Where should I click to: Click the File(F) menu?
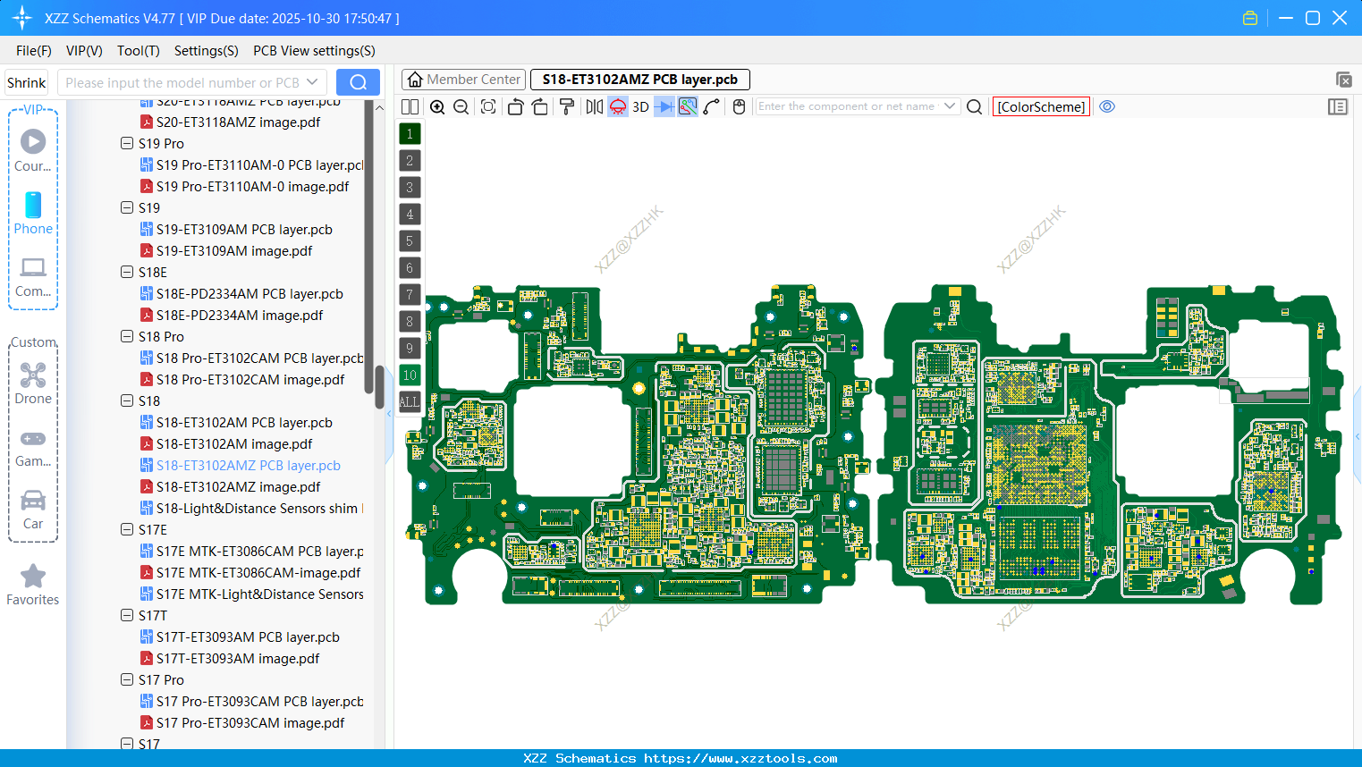tap(33, 51)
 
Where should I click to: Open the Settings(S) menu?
tap(206, 51)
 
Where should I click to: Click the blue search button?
tap(358, 82)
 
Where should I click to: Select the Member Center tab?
tap(464, 80)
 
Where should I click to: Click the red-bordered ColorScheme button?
tap(1041, 106)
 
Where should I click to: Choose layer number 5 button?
tap(410, 240)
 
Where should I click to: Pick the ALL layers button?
tap(410, 401)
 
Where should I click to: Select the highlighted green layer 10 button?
tap(410, 375)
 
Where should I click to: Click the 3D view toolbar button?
tap(640, 106)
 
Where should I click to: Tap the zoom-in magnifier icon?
tap(437, 106)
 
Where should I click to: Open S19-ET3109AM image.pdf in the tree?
tap(233, 251)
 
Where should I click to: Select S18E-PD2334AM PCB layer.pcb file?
tap(250, 294)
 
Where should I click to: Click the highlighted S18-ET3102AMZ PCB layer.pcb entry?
tap(248, 466)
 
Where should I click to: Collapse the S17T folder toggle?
tap(127, 615)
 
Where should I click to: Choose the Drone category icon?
tap(33, 383)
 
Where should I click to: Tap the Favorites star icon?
tap(33, 577)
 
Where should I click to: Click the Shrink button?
tap(26, 82)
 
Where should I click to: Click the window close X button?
tap(1339, 18)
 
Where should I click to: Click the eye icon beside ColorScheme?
tap(1107, 106)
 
